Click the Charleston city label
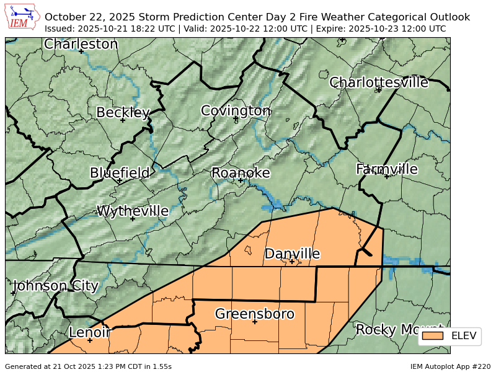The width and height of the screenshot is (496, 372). [81, 44]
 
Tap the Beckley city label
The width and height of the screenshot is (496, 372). [123, 112]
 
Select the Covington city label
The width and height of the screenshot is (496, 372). [236, 110]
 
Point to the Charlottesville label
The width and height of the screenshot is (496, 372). [379, 82]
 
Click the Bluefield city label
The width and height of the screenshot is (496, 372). [120, 172]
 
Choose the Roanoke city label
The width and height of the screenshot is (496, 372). [241, 172]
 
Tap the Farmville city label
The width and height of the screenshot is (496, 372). [387, 169]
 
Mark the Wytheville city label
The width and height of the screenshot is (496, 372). [133, 211]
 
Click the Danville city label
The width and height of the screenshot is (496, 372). [292, 253]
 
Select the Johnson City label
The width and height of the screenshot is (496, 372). [55, 286]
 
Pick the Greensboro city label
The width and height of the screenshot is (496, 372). [254, 314]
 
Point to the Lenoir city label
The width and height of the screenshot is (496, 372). [89, 332]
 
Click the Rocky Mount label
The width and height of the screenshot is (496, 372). [397, 329]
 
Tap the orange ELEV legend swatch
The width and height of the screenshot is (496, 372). [433, 336]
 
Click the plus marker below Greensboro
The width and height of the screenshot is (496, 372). [254, 322]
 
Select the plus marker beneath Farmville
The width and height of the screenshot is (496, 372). [387, 177]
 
